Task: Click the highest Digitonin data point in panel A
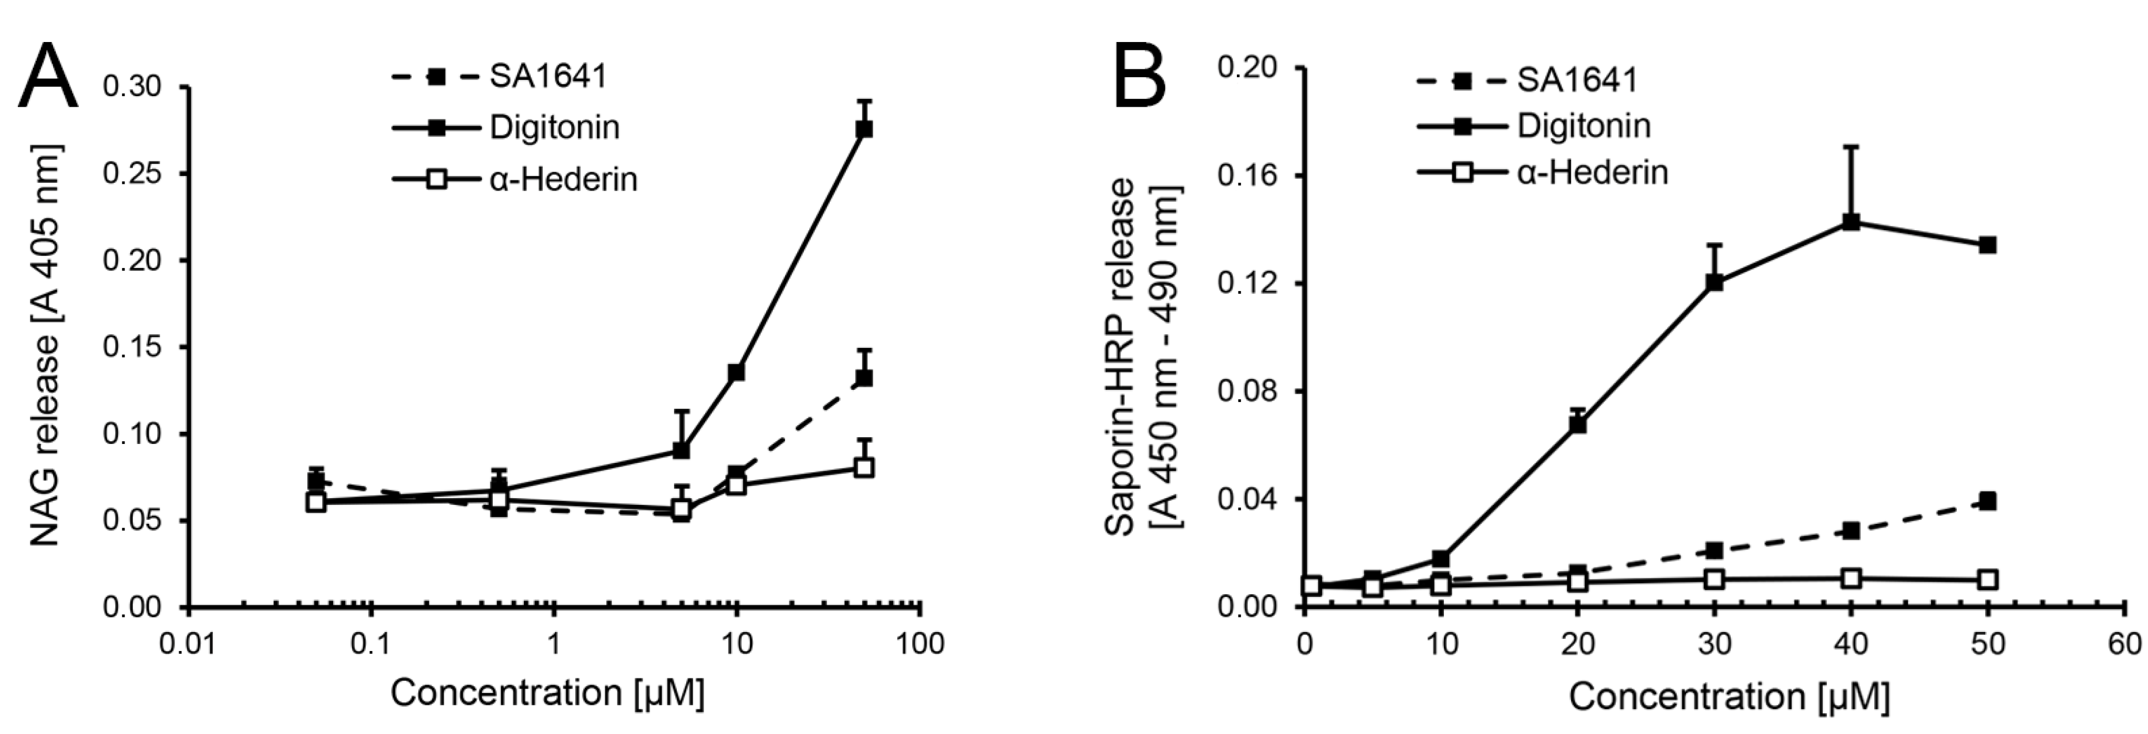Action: (864, 129)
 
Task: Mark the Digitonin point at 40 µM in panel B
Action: (1850, 222)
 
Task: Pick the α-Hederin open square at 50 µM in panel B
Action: (1987, 580)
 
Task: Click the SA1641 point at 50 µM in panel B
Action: (1987, 501)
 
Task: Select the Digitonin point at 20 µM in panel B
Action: (1577, 423)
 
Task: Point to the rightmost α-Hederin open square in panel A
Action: (864, 467)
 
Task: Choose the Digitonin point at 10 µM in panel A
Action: (736, 372)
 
